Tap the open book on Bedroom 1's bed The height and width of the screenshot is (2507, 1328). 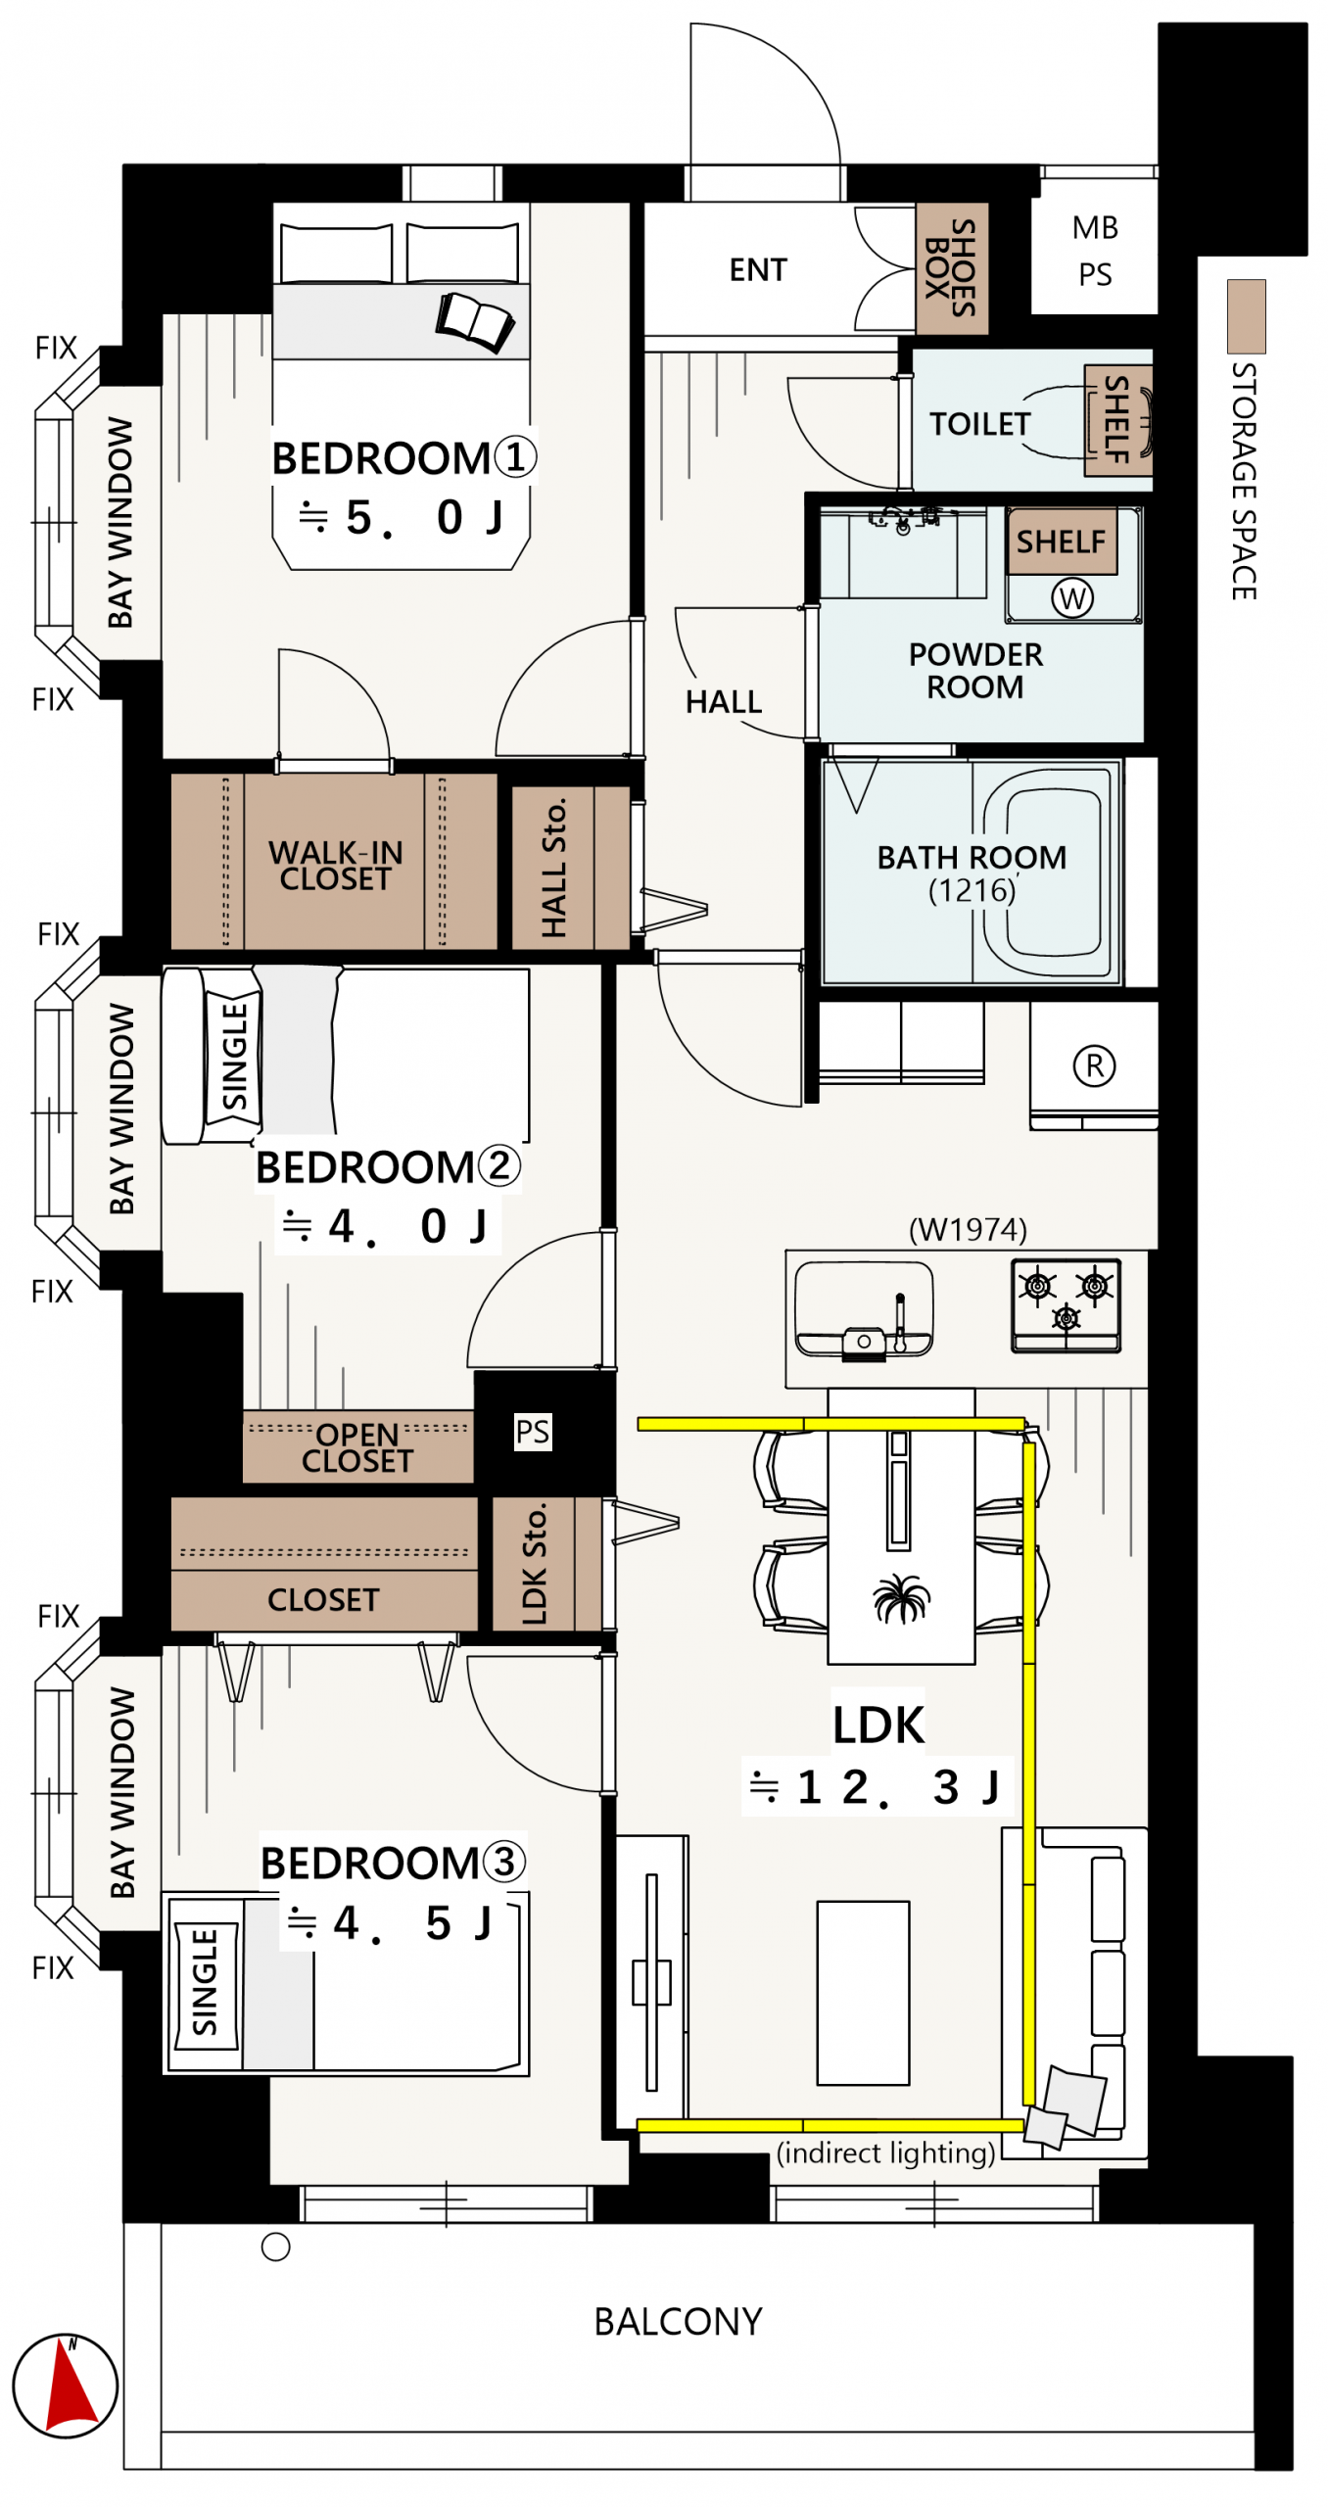tap(475, 321)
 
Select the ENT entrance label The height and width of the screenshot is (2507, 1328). tap(757, 269)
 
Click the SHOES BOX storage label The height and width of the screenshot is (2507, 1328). tap(950, 267)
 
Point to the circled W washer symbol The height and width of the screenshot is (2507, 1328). tap(1072, 597)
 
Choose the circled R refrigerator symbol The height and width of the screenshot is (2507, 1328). tap(1094, 1064)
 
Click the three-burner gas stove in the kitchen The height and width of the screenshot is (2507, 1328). tap(1066, 1304)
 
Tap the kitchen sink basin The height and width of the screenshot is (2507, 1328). tap(864, 1307)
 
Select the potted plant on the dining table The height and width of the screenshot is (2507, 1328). tap(901, 1597)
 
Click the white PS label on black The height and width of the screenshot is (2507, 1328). tap(532, 1431)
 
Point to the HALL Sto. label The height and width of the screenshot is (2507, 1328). tap(553, 868)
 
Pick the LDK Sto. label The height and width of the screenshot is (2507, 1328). tap(534, 1563)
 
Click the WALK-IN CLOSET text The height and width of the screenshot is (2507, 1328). tap(335, 865)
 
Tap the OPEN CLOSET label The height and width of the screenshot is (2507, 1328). tap(356, 1446)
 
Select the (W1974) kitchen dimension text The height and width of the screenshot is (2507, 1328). tap(968, 1229)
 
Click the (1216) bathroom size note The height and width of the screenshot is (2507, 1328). tap(972, 890)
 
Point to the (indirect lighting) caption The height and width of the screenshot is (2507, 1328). tap(885, 2152)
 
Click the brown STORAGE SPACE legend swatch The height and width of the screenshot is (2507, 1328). tap(1246, 316)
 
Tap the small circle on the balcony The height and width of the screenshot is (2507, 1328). tap(276, 2247)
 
